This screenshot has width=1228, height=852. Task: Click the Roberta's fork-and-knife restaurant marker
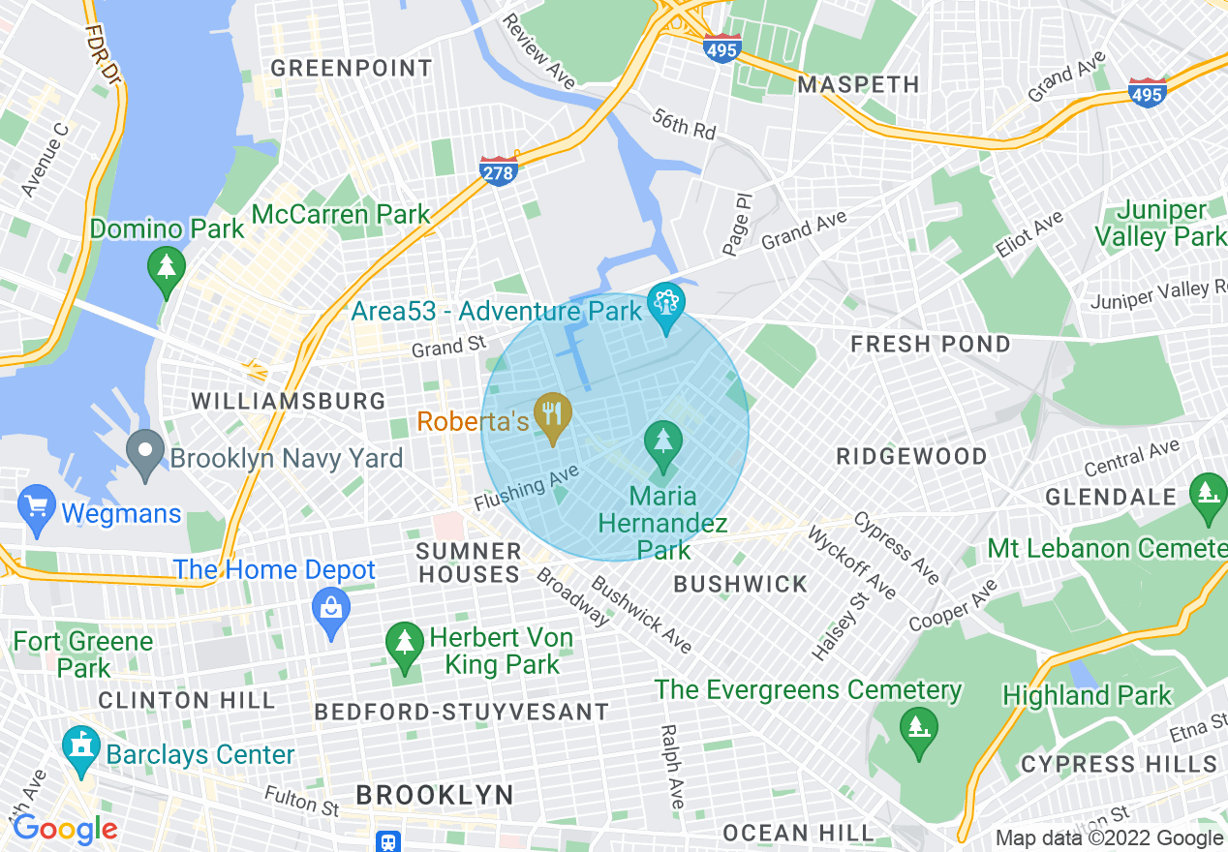click(552, 415)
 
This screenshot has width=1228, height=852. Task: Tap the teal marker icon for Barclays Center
click(80, 749)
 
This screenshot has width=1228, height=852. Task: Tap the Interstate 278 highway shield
click(498, 170)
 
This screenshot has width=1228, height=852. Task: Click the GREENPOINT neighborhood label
click(351, 68)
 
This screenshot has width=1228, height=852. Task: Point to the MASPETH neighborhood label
click(858, 84)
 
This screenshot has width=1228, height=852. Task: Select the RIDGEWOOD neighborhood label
click(911, 456)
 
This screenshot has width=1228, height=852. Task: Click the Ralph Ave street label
click(670, 766)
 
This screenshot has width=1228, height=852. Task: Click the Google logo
click(65, 829)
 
